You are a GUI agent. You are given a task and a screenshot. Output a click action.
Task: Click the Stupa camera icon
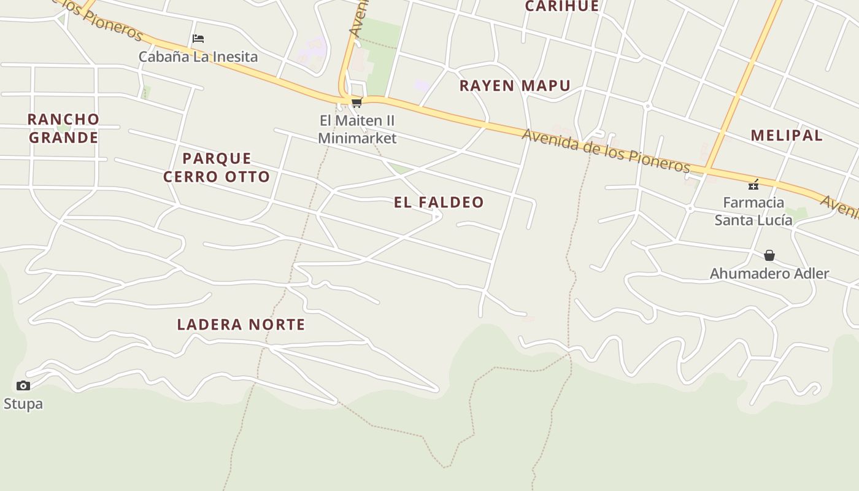pyautogui.click(x=23, y=385)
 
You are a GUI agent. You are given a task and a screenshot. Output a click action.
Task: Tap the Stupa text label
pyautogui.click(x=23, y=403)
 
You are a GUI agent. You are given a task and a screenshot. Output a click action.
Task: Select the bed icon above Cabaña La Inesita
pyautogui.click(x=198, y=39)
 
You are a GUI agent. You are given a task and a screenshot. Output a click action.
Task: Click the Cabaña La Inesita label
pyautogui.click(x=198, y=56)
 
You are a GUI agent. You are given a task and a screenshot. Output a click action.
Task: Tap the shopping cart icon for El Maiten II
pyautogui.click(x=356, y=102)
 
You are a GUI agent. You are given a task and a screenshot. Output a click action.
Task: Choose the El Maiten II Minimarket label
pyautogui.click(x=357, y=128)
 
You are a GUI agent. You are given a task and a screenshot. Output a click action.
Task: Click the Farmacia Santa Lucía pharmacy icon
pyautogui.click(x=753, y=185)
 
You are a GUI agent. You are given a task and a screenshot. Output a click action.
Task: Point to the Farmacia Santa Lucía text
pyautogui.click(x=753, y=211)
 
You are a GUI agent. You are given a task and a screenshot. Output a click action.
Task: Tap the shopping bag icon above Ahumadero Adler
pyautogui.click(x=769, y=255)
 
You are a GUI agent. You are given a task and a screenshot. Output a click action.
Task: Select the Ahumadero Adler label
pyautogui.click(x=769, y=273)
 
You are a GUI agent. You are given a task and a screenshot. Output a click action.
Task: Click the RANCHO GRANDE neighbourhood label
pyautogui.click(x=64, y=128)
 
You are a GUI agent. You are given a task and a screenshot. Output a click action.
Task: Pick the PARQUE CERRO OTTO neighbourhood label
pyautogui.click(x=217, y=167)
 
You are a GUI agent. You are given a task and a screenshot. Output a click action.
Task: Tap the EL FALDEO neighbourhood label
pyautogui.click(x=439, y=202)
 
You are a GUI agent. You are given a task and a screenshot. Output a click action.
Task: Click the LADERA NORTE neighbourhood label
pyautogui.click(x=241, y=324)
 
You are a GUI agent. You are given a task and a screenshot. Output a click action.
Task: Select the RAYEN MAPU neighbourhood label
pyautogui.click(x=515, y=85)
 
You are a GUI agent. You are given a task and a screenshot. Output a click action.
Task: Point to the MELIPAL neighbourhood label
pyautogui.click(x=787, y=135)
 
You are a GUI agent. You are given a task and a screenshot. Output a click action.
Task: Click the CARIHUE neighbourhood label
pyautogui.click(x=562, y=6)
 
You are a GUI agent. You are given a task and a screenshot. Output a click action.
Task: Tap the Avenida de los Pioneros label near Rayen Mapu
pyautogui.click(x=606, y=150)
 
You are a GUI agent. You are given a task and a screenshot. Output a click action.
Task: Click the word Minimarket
pyautogui.click(x=357, y=138)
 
